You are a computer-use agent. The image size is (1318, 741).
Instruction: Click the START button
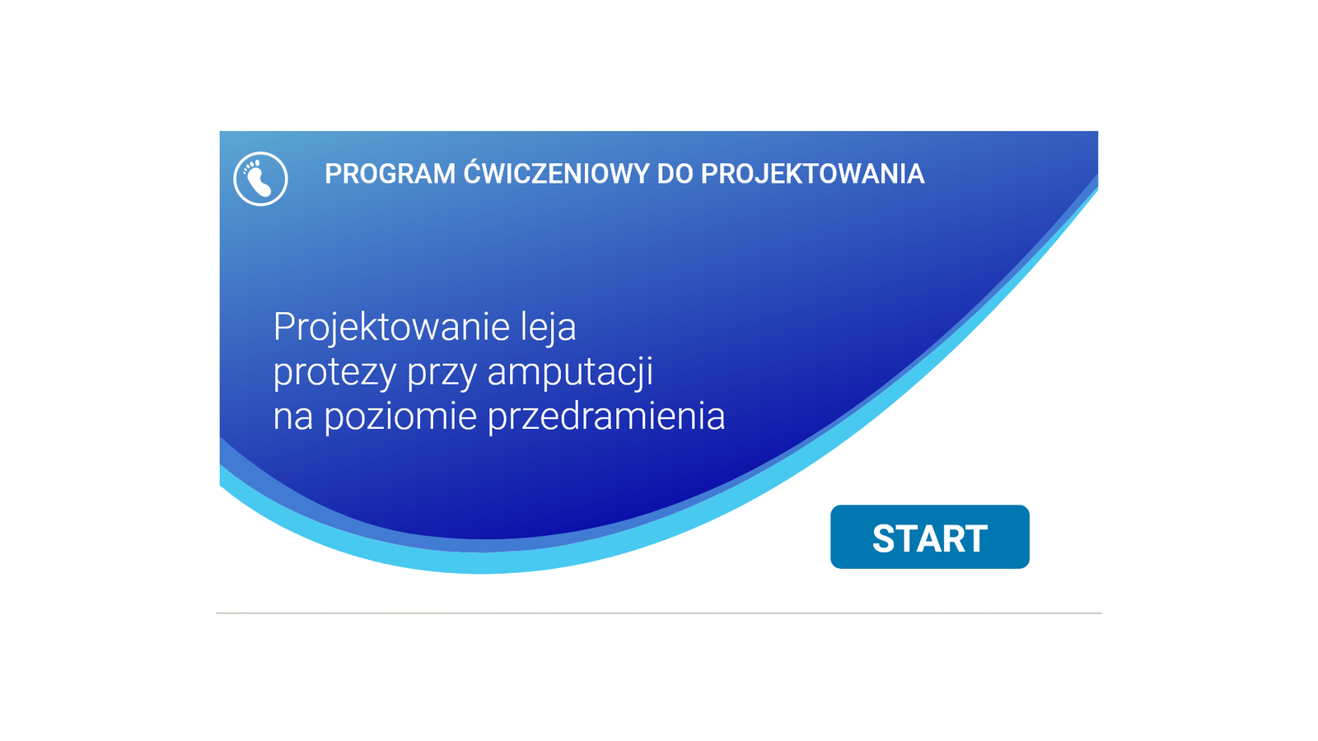(930, 537)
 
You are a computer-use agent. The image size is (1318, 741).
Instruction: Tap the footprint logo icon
(260, 179)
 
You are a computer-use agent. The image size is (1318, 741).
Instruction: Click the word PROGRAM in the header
(390, 174)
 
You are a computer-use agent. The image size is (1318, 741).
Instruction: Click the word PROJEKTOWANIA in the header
(812, 174)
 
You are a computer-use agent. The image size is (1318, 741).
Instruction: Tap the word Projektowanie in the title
(392, 329)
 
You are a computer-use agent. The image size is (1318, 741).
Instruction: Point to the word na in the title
(293, 417)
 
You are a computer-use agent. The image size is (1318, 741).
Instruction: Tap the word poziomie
(400, 417)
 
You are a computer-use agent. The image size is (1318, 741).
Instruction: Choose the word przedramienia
(606, 417)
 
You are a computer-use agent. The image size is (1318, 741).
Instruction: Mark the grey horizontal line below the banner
(658, 613)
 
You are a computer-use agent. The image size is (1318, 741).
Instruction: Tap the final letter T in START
(975, 538)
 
